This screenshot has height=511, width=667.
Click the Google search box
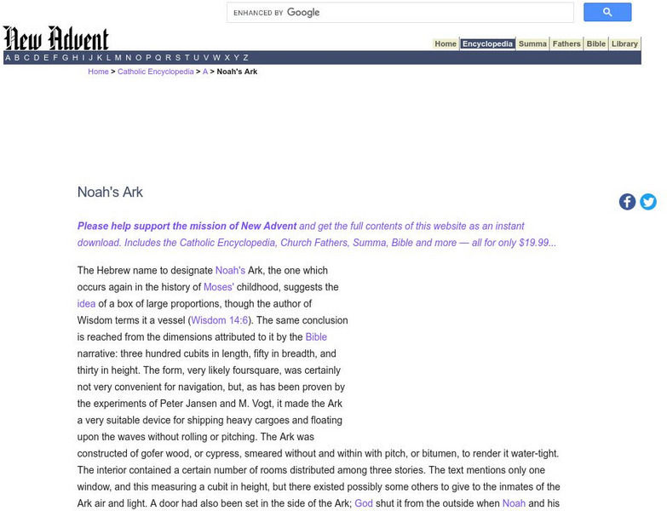(x=400, y=13)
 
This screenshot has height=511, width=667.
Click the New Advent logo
(x=56, y=38)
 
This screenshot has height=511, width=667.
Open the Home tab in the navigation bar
(x=446, y=44)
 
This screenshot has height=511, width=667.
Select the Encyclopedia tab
(x=487, y=44)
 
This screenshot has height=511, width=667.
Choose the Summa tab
(x=532, y=44)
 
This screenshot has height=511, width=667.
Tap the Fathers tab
(x=566, y=44)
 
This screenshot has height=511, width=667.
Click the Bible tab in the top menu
(x=596, y=44)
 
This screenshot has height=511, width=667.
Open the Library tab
(x=624, y=44)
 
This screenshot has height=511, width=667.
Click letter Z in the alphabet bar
(x=246, y=58)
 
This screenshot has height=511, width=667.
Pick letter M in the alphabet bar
(x=118, y=58)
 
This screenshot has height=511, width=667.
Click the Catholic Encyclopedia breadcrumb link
(x=156, y=72)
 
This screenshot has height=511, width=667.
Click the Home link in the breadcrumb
(x=98, y=72)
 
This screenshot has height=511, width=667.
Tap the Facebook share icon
(x=627, y=202)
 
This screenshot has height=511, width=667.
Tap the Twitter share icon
(x=648, y=202)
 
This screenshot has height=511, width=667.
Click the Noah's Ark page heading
(x=110, y=192)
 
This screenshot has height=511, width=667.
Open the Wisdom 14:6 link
(x=219, y=321)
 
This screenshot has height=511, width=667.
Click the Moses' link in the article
(x=218, y=288)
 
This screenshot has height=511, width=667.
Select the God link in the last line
(x=364, y=504)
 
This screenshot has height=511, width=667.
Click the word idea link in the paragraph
(x=86, y=304)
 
